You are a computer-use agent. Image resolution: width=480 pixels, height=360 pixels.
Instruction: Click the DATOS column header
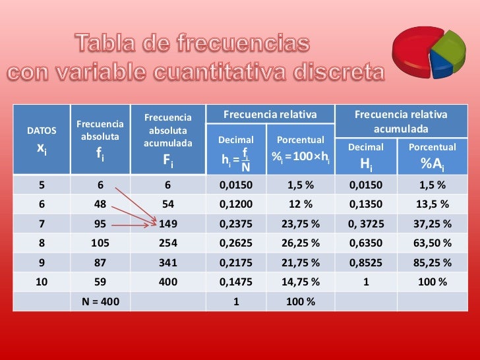(41, 131)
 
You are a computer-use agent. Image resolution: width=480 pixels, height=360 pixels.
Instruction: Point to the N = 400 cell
(100, 301)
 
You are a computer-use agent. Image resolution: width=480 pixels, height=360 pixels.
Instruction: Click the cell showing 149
(168, 224)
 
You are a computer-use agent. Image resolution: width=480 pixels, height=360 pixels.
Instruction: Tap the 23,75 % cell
(301, 224)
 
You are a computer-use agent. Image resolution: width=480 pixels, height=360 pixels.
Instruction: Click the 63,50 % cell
(431, 243)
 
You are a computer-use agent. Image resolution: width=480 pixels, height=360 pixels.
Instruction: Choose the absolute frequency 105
(100, 243)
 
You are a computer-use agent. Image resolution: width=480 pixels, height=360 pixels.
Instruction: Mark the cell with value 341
(168, 262)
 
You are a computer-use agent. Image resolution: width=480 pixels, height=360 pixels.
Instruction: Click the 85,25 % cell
(431, 262)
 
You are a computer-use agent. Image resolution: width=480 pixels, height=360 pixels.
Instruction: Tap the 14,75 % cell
(301, 282)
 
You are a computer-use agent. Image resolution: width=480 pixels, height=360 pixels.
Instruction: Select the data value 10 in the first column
(41, 282)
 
